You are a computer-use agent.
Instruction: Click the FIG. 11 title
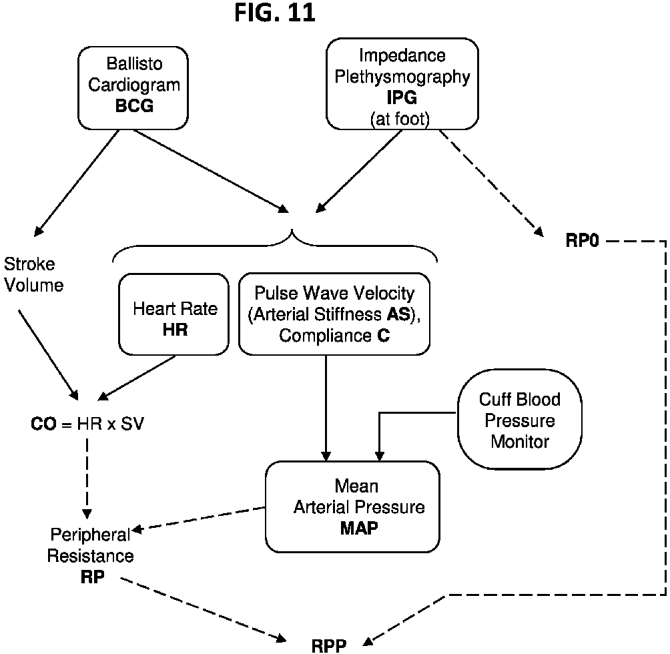click(x=275, y=13)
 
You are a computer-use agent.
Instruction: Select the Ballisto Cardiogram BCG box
click(x=129, y=85)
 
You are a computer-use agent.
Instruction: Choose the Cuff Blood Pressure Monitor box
click(x=519, y=420)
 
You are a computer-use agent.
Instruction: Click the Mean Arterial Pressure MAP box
click(x=352, y=507)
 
